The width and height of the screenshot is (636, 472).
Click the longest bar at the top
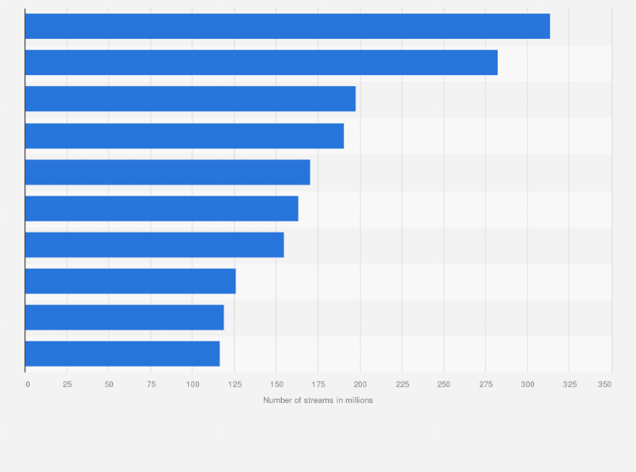pyautogui.click(x=287, y=26)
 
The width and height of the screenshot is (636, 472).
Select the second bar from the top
pyautogui.click(x=261, y=62)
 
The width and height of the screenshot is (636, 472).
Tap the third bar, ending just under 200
pyautogui.click(x=190, y=99)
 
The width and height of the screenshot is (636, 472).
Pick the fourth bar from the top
pyautogui.click(x=184, y=136)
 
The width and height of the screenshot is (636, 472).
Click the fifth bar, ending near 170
pyautogui.click(x=167, y=172)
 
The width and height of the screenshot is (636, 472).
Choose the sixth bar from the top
pyautogui.click(x=161, y=208)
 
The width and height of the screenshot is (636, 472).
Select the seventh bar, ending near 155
pyautogui.click(x=154, y=244)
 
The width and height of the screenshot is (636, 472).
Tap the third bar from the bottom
pyautogui.click(x=130, y=281)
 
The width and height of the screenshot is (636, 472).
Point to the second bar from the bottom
pyautogui.click(x=124, y=317)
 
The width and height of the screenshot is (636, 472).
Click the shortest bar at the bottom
pyautogui.click(x=122, y=353)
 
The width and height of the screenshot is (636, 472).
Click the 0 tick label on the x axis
pyautogui.click(x=27, y=384)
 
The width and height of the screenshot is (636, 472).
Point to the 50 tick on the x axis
pyautogui.click(x=109, y=384)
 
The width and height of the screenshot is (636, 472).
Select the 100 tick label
pyautogui.click(x=192, y=384)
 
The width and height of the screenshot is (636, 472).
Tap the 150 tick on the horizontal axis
pyautogui.click(x=276, y=384)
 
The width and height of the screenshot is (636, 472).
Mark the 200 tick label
pyautogui.click(x=360, y=384)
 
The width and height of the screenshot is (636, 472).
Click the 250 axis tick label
pyautogui.click(x=444, y=384)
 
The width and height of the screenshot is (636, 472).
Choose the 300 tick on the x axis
pyautogui.click(x=527, y=384)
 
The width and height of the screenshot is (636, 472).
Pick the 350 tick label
pyautogui.click(x=605, y=384)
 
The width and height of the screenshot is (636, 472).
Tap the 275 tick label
pyautogui.click(x=485, y=384)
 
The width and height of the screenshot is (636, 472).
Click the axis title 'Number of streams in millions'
pyautogui.click(x=318, y=400)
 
